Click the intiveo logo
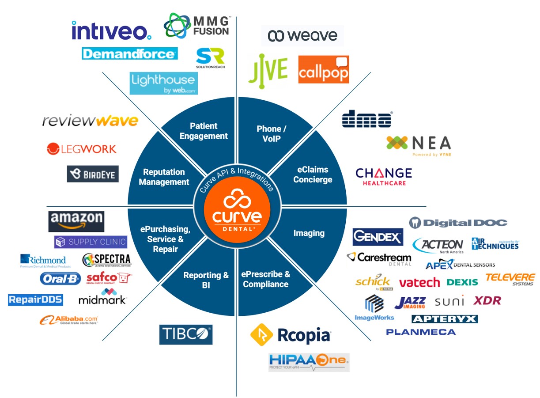point(111,30)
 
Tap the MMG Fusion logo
point(196,26)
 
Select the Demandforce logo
point(130,54)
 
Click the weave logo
point(302,36)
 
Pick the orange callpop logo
point(324,69)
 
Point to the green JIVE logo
point(268,68)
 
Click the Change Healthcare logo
point(384,176)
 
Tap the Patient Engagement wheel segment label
point(204,131)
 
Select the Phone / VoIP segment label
point(272,133)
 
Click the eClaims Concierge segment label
point(313,174)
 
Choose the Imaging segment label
point(309,233)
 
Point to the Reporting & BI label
point(206,280)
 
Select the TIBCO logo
point(186,334)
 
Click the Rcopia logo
point(291,335)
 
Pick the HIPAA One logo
point(309,362)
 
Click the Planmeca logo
point(421,332)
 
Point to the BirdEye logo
point(93,174)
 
